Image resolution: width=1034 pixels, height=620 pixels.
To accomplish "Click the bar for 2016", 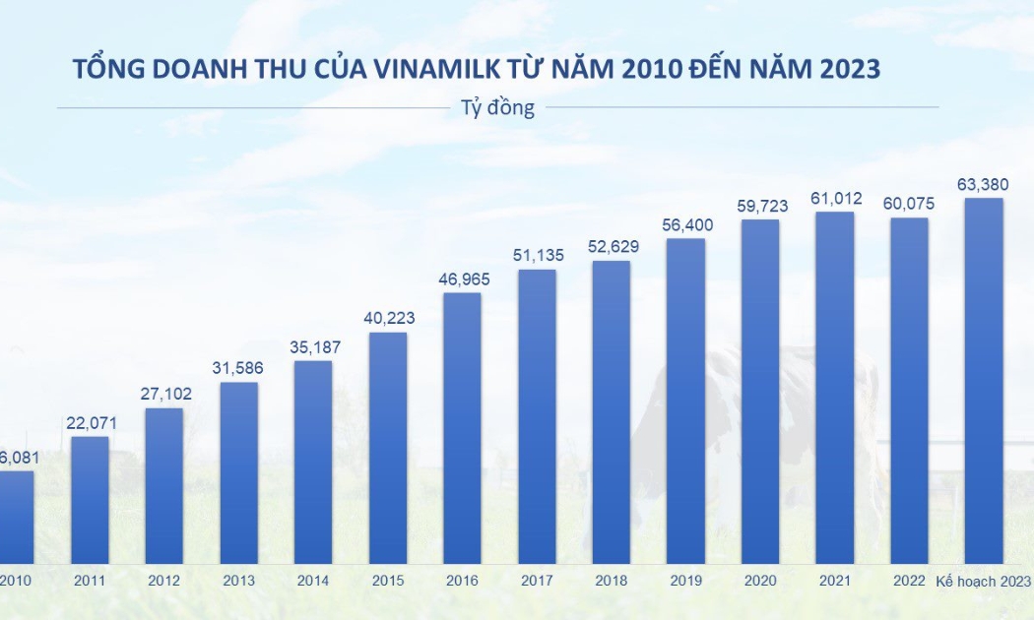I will pyautogui.click(x=462, y=428).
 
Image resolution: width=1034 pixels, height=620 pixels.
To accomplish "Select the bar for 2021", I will pyautogui.click(x=835, y=388).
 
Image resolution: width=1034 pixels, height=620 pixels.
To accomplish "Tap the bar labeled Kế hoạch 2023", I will pyautogui.click(x=984, y=381).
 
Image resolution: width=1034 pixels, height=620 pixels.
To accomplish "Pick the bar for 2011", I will pyautogui.click(x=90, y=500).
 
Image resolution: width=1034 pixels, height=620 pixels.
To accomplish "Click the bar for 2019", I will pyautogui.click(x=685, y=401).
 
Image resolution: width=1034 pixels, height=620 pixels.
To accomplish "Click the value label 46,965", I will pyautogui.click(x=463, y=279).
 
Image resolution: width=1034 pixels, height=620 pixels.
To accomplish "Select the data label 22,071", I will pyautogui.click(x=91, y=422).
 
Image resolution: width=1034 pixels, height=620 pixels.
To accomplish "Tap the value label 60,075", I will pyautogui.click(x=909, y=204).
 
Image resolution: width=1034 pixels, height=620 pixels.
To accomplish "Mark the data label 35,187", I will pyautogui.click(x=313, y=346).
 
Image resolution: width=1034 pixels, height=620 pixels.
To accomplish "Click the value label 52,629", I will pyautogui.click(x=612, y=246).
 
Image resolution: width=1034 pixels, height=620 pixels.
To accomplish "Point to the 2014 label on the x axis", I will pyautogui.click(x=313, y=581).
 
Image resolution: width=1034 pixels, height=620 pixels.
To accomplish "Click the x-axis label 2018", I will pyautogui.click(x=612, y=581).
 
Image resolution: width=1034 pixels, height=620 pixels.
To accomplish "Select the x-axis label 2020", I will pyautogui.click(x=760, y=581).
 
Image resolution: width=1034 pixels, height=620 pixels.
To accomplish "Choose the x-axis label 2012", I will pyautogui.click(x=163, y=581).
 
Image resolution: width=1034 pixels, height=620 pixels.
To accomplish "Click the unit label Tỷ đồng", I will pyautogui.click(x=497, y=107).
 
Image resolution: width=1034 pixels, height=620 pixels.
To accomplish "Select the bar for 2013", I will pyautogui.click(x=238, y=472).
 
